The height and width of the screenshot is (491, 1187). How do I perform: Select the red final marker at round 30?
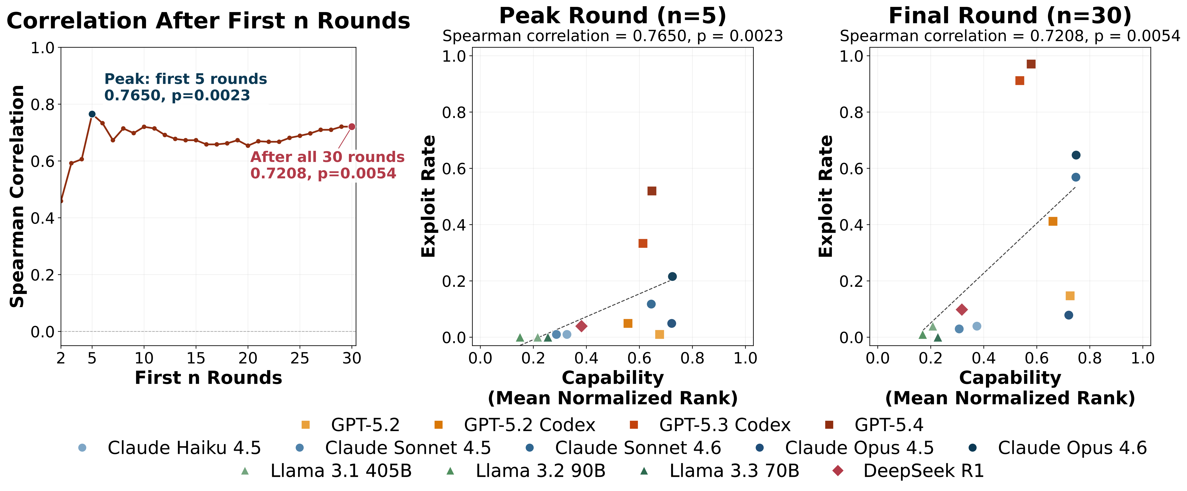pyautogui.click(x=352, y=126)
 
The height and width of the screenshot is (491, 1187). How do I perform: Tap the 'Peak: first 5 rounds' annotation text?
pyautogui.click(x=185, y=79)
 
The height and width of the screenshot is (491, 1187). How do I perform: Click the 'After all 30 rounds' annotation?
pyautogui.click(x=327, y=157)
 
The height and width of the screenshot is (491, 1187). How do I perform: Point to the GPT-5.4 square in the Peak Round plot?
pyautogui.click(x=652, y=191)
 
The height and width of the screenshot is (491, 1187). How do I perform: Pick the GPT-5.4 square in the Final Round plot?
pyautogui.click(x=1031, y=64)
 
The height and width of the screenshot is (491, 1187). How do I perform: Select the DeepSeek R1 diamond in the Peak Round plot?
pyautogui.click(x=582, y=326)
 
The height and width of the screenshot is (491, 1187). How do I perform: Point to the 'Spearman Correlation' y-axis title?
pyautogui.click(x=17, y=196)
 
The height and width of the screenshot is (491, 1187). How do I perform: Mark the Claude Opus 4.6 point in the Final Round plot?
pyautogui.click(x=1076, y=155)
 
